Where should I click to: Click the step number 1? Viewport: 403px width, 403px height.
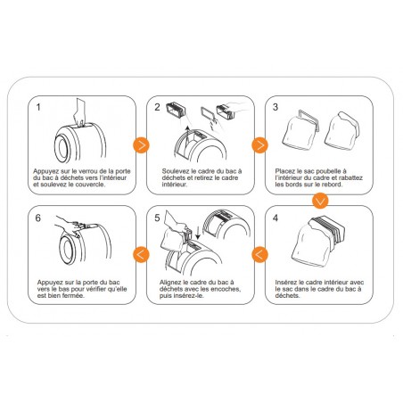[38, 107]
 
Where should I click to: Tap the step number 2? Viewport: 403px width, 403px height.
[157, 107]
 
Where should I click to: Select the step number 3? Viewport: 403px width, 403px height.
[276, 107]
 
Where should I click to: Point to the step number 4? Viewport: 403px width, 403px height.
[276, 218]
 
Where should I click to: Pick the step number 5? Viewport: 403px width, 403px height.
[157, 218]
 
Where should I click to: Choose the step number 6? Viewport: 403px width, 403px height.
[38, 218]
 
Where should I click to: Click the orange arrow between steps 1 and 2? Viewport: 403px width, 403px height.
[141, 145]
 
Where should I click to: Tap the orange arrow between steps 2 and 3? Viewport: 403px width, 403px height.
[259, 145]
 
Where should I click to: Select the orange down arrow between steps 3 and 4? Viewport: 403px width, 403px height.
[320, 201]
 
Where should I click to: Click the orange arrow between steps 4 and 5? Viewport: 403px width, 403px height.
[259, 255]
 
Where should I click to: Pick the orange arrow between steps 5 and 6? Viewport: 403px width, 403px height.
[141, 255]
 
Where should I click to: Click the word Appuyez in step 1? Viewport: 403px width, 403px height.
[45, 172]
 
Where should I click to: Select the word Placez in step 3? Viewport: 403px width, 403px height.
[284, 171]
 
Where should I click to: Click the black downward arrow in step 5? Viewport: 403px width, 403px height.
[198, 234]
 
